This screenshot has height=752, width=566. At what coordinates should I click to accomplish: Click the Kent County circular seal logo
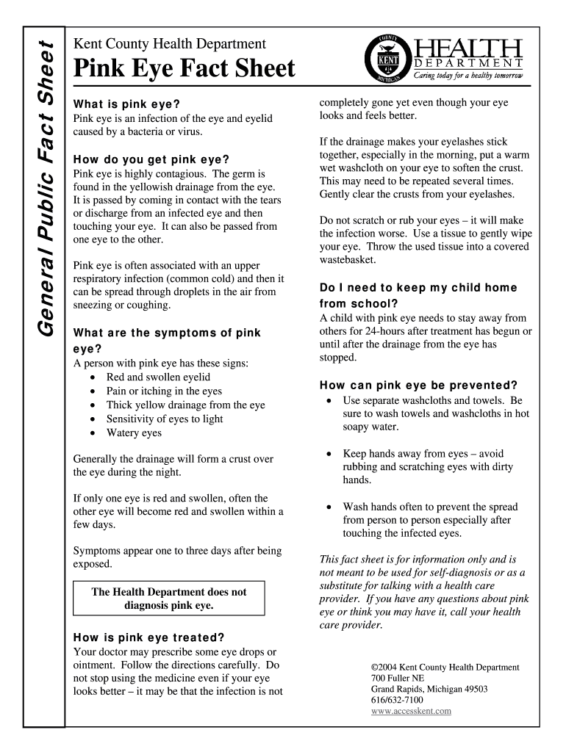(387, 58)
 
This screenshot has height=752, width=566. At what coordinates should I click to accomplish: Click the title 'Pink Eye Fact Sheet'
(185, 69)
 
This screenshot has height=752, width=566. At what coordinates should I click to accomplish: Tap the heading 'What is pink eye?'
(126, 103)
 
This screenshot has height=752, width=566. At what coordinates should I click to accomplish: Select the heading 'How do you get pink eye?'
(151, 159)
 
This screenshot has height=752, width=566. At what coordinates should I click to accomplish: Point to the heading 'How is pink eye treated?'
(149, 637)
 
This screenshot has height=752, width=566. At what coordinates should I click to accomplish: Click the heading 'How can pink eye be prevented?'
(419, 386)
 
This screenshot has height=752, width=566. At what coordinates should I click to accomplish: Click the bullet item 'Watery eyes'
(134, 433)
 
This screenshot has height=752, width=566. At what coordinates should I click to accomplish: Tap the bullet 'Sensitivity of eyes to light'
(165, 419)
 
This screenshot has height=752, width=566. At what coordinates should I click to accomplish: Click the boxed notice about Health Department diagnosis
(169, 599)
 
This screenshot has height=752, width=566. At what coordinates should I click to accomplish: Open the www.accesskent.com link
(412, 711)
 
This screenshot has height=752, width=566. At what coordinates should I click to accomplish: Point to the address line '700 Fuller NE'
(398, 678)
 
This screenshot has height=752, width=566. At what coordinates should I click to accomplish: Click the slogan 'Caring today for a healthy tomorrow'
(469, 76)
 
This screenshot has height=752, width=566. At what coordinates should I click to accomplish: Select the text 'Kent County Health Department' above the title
(170, 45)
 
